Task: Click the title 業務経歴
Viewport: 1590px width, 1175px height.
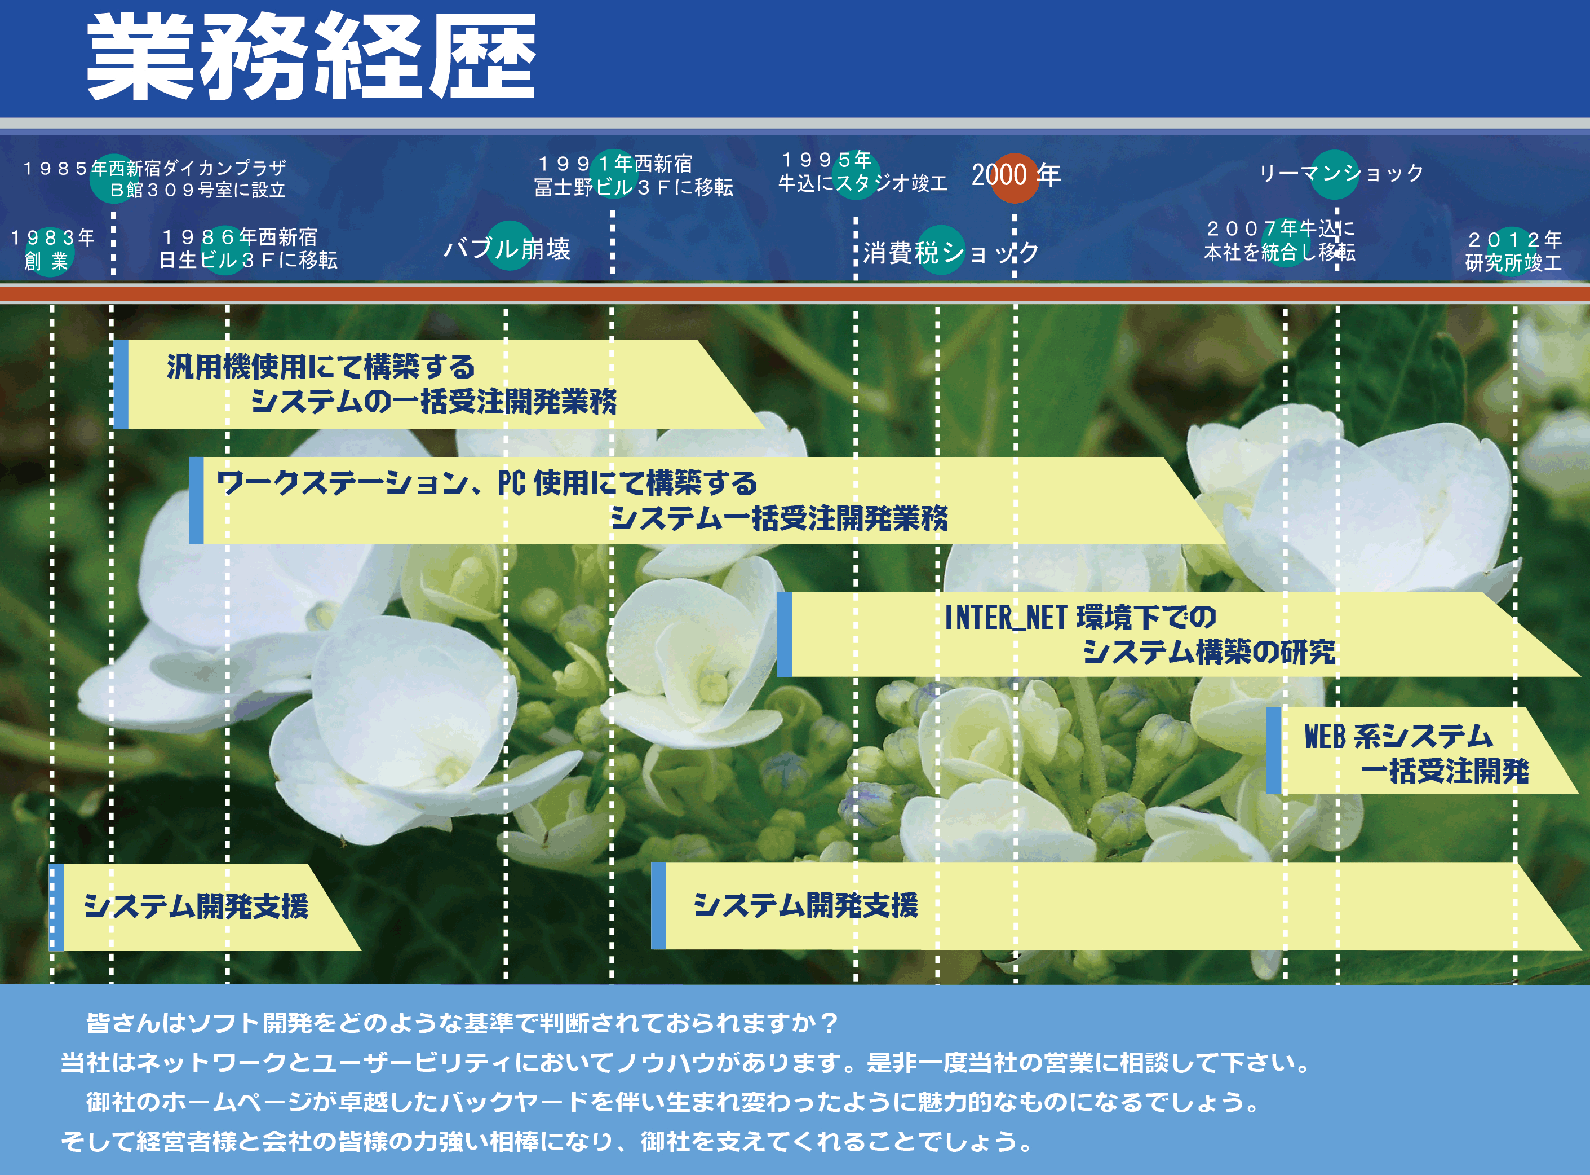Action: coord(311,57)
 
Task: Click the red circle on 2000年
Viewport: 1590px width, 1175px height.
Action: coord(1015,178)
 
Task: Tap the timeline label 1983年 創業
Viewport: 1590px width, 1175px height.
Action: coord(52,249)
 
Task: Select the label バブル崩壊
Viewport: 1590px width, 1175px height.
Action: coord(507,249)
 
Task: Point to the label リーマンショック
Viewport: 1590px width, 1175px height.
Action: coord(1341,173)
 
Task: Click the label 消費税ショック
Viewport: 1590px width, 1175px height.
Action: coord(950,253)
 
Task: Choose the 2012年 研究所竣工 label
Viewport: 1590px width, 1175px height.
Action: coord(1513,251)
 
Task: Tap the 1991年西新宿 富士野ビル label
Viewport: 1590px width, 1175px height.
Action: coord(634,175)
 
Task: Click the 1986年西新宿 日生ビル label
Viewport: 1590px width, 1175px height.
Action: coord(248,248)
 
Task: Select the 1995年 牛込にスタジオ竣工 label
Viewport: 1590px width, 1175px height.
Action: coord(862,171)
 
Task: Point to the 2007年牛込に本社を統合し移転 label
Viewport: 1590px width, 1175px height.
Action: coord(1279,240)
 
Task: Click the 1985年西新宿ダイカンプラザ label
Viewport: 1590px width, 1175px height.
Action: coord(155,178)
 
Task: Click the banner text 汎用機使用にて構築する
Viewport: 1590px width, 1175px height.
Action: coord(321,367)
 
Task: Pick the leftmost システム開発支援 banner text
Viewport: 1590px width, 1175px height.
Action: coord(196,906)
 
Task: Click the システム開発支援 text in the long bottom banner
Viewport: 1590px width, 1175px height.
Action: coord(805,905)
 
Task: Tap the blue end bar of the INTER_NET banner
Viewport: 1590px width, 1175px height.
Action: coord(785,633)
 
